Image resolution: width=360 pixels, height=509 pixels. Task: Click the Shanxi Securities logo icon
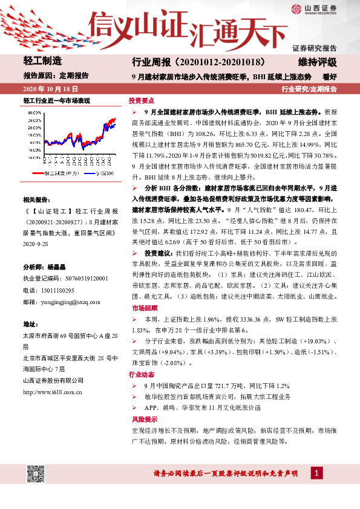click(x=295, y=8)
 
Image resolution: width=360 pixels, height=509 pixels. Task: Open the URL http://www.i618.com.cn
click(x=52, y=392)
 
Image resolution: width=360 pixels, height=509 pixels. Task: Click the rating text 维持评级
click(x=317, y=62)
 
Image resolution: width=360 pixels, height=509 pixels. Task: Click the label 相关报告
click(x=38, y=199)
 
